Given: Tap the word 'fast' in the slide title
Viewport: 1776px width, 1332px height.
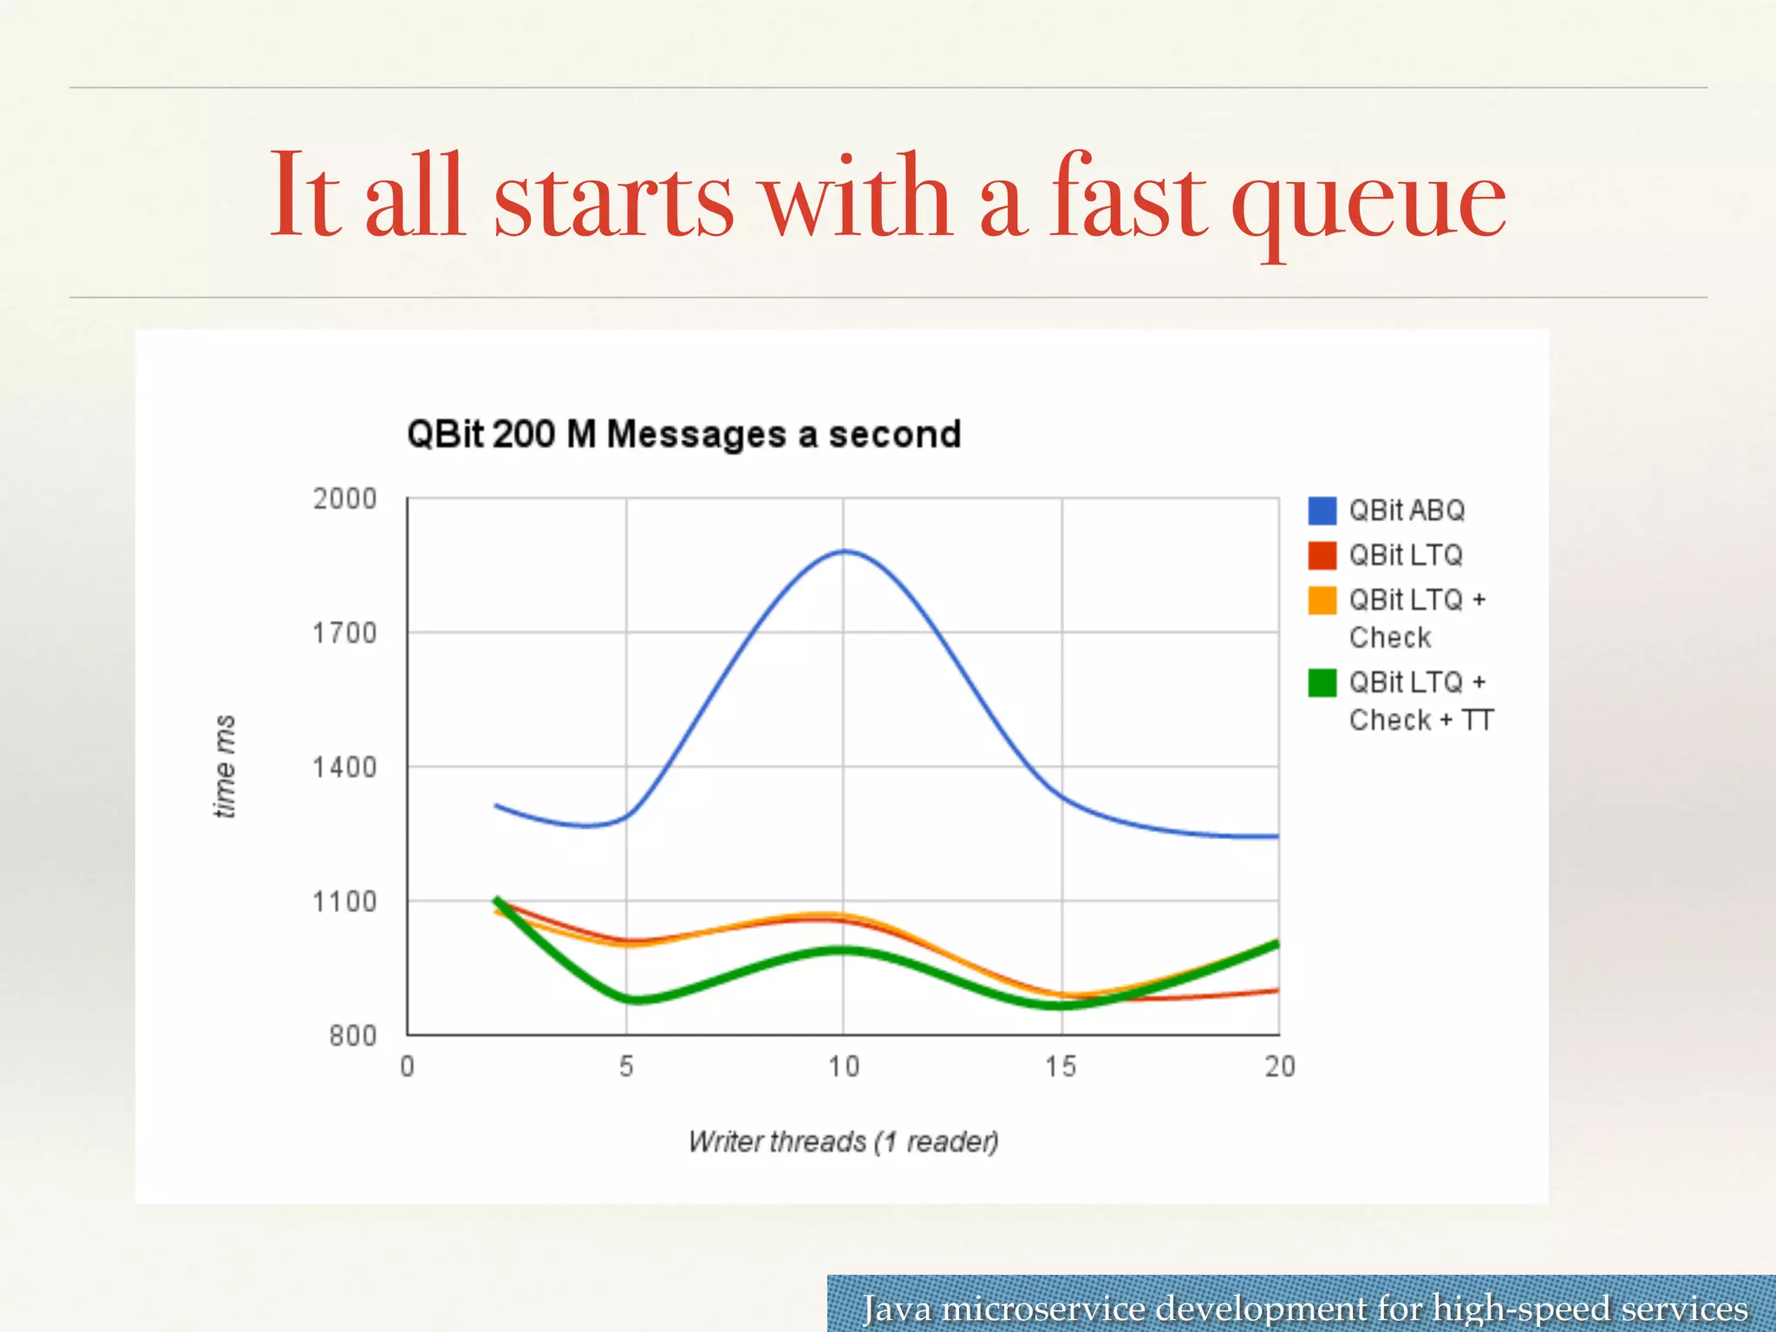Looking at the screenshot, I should tap(1127, 195).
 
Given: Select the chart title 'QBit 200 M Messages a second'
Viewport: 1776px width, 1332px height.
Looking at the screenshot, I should tap(684, 434).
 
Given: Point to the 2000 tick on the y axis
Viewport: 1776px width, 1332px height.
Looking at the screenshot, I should tap(344, 499).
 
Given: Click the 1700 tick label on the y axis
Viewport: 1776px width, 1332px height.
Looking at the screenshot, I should tap(344, 633).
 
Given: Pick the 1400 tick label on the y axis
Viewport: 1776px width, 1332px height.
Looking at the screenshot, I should tap(344, 767).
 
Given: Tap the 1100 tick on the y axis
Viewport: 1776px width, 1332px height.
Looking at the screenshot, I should tap(344, 902).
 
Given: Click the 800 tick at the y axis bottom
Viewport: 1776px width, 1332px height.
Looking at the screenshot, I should tap(352, 1035).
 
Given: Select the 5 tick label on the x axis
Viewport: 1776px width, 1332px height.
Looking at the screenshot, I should tap(626, 1066).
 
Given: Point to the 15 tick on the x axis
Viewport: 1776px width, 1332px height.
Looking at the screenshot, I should tap(1061, 1066).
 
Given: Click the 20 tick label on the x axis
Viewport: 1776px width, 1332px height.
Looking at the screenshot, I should tap(1279, 1066).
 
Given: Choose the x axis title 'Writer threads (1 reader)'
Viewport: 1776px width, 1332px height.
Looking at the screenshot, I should tap(843, 1141).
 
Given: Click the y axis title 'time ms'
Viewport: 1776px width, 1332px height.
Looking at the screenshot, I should tap(225, 767).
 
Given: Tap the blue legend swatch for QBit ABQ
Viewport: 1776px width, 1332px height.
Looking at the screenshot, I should tap(1322, 510).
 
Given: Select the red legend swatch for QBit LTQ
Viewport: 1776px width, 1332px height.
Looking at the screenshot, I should tap(1322, 555).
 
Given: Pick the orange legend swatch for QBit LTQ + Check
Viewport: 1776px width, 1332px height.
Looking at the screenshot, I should tap(1322, 600).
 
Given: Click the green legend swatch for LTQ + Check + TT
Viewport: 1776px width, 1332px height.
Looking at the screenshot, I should tap(1322, 682).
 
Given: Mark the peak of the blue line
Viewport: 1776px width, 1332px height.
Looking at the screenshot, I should tap(845, 551).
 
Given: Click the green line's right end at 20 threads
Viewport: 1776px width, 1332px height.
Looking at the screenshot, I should tap(1276, 944).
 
